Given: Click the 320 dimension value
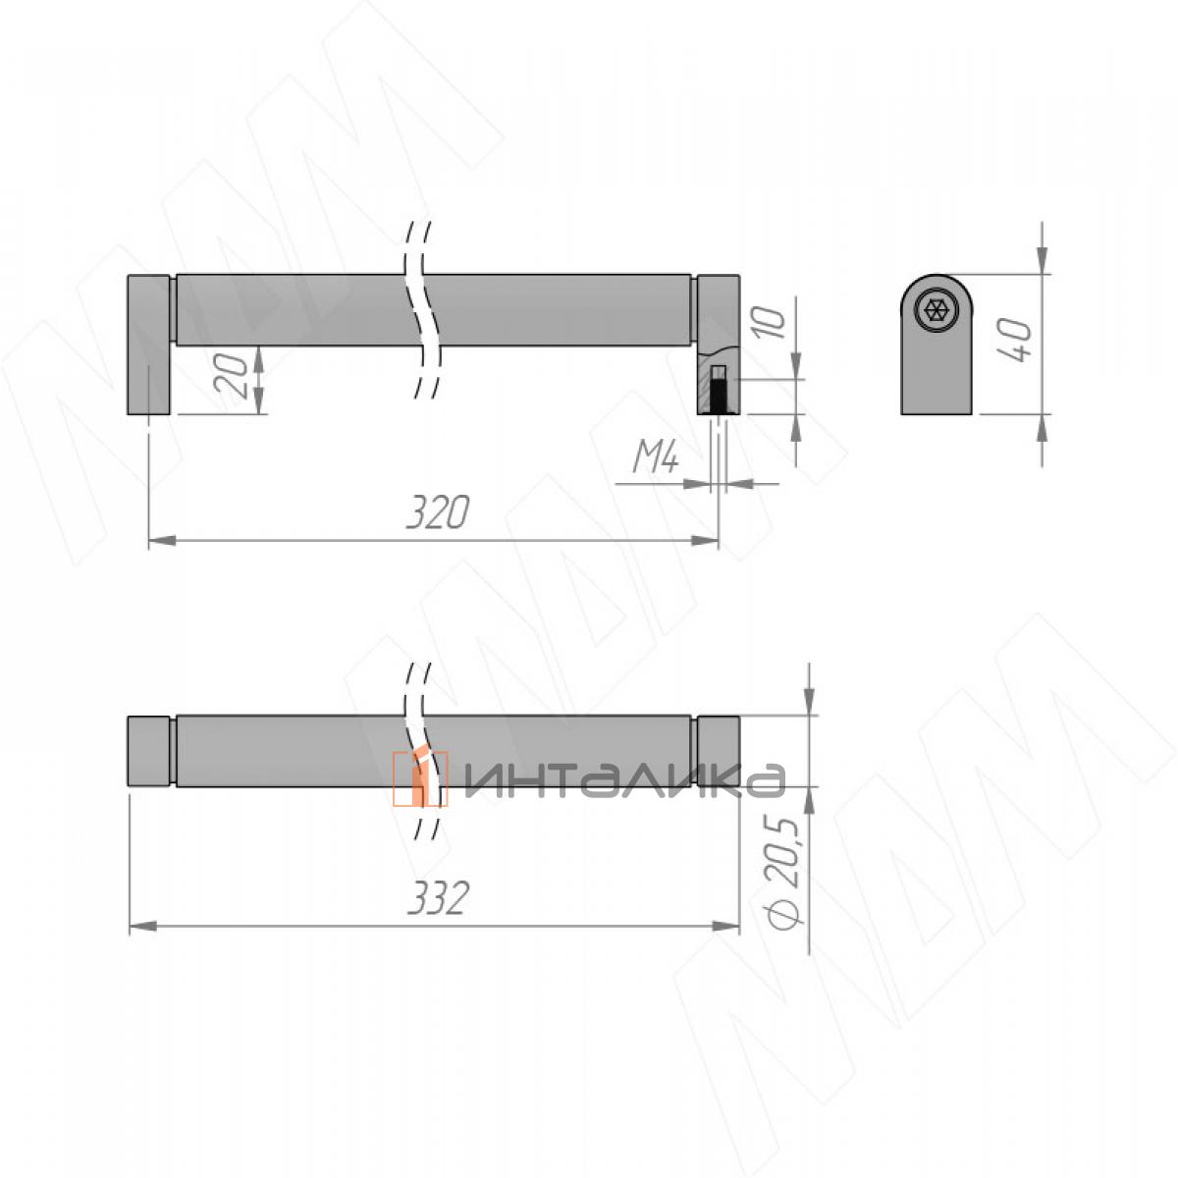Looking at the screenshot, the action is pos(438,511).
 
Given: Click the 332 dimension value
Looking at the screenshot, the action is pos(438,897).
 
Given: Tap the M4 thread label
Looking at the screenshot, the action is pos(656,457).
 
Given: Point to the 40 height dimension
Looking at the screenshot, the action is pos(1013,340).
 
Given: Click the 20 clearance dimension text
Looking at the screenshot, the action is pos(231,374).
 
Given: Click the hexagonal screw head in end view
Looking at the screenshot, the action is pos(936,310).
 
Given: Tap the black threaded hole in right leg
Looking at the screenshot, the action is pos(719,395).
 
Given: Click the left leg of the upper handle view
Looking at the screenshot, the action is pos(148,345).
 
